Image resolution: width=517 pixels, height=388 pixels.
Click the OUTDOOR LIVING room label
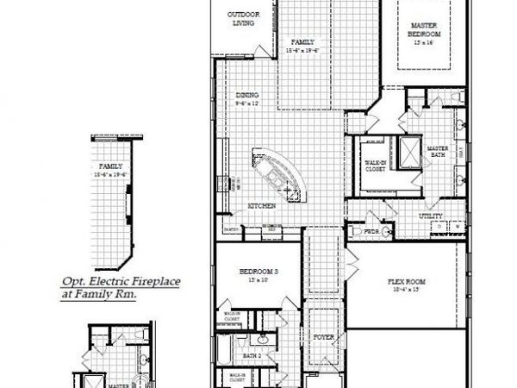coord(243,19)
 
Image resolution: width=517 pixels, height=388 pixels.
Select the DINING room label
coord(247,97)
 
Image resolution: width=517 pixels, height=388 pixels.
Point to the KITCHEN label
coord(262,206)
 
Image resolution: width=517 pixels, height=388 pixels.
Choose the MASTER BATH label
coord(439,152)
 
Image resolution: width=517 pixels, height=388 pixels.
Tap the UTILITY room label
coord(431,216)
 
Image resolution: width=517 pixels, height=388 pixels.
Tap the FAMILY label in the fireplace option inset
coord(109,166)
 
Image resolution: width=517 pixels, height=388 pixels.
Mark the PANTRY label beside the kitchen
coord(231,229)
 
